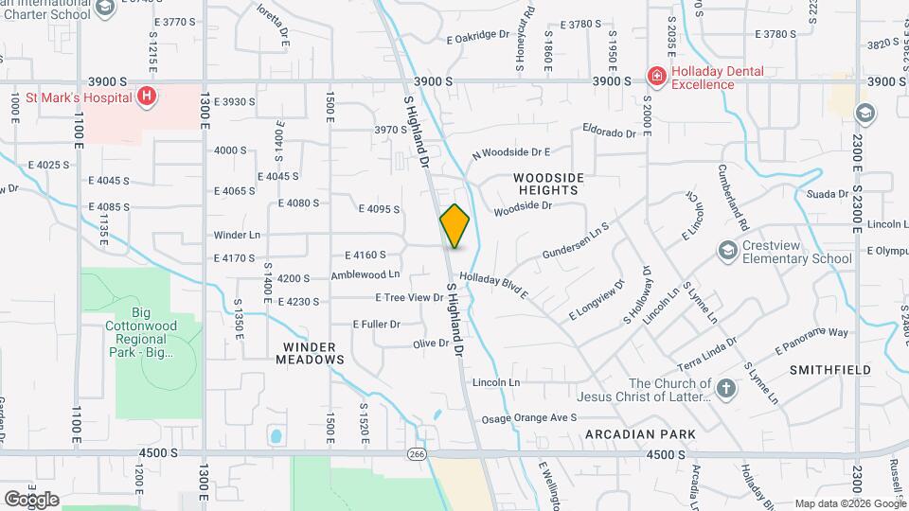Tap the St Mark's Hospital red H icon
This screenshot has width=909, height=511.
[x=147, y=96]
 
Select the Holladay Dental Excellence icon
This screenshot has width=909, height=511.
[x=655, y=76]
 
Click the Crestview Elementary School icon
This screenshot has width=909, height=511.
[x=727, y=250]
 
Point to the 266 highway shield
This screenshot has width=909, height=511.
[x=417, y=454]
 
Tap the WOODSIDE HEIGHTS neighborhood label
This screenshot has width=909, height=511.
[x=548, y=184]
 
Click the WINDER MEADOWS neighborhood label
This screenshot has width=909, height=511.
[x=310, y=353]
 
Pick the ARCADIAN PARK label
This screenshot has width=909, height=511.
[x=640, y=434]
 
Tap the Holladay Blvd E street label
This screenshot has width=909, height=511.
[x=493, y=288]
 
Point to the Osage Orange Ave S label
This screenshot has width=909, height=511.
[x=529, y=417]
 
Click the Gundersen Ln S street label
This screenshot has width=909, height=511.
[x=575, y=242]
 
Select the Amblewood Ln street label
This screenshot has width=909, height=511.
[x=365, y=275]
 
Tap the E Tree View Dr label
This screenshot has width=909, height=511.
[x=409, y=297]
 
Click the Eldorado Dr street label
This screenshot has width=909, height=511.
[x=610, y=132]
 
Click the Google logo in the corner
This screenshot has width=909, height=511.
[x=31, y=499]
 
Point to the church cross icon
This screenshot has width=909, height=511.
[x=725, y=388]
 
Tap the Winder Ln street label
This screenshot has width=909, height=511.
[x=236, y=235]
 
